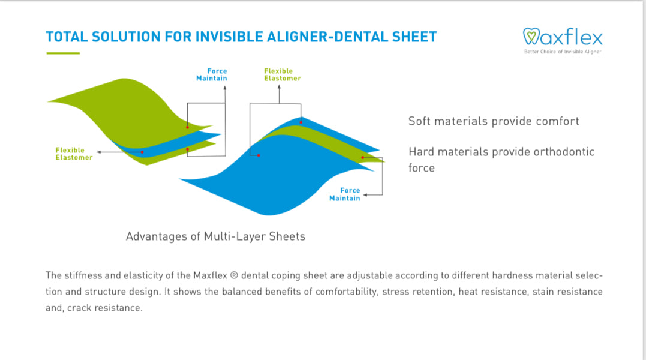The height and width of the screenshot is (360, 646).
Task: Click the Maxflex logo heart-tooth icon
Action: [x=532, y=37]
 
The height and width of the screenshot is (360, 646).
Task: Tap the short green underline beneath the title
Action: [x=62, y=53]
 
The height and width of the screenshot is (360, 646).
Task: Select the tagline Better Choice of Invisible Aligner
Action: [x=563, y=52]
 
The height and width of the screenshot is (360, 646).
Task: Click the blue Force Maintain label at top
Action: [x=212, y=74]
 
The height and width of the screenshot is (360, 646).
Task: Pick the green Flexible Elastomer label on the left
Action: [x=74, y=154]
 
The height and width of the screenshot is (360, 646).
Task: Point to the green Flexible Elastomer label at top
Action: [x=283, y=74]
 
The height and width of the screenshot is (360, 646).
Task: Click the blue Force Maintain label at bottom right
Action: [x=345, y=194]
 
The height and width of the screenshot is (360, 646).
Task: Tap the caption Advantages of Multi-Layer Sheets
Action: [x=215, y=236]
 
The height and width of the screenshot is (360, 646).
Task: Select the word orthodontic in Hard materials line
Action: [x=561, y=152]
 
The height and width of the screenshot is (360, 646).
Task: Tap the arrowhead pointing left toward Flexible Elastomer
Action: [x=98, y=152]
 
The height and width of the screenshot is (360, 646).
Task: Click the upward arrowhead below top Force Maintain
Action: [x=225, y=88]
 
